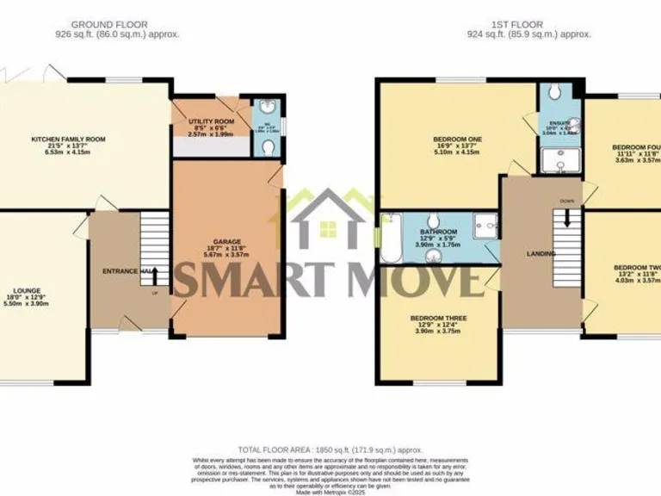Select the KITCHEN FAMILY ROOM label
coord(67,139)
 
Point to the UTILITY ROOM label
coord(212,122)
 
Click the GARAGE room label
coord(227,241)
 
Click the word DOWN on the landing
coord(566,201)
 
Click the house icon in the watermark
coord(327,219)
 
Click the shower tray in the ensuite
coord(561,158)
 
